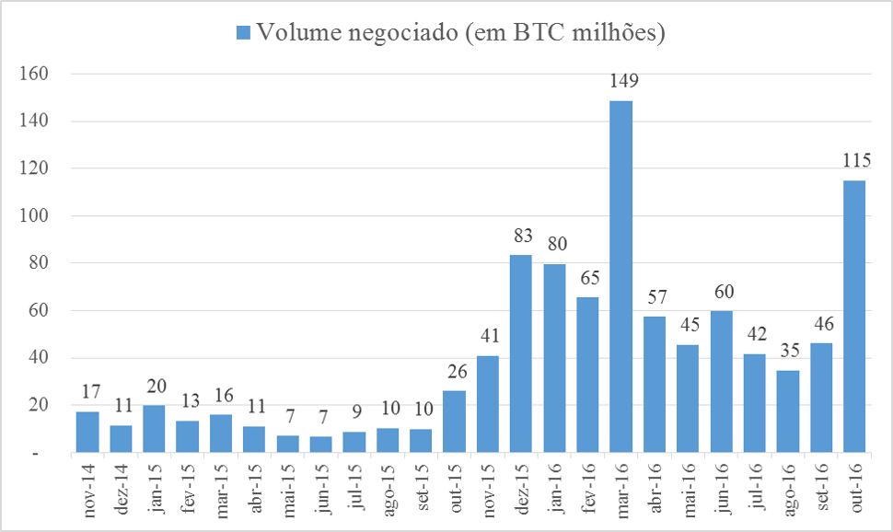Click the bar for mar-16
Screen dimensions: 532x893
pyautogui.click(x=621, y=276)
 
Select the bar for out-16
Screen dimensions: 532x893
pyautogui.click(x=854, y=317)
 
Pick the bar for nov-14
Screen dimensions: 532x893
pyautogui.click(x=87, y=433)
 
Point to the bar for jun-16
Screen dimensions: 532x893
pyautogui.click(x=722, y=382)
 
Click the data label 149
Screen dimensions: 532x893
pyautogui.click(x=623, y=82)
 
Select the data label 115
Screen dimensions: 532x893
pyautogui.click(x=856, y=161)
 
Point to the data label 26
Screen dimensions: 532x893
pyautogui.click(x=455, y=373)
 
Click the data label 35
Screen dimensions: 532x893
pyautogui.click(x=789, y=352)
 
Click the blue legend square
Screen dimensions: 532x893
pyautogui.click(x=244, y=33)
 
